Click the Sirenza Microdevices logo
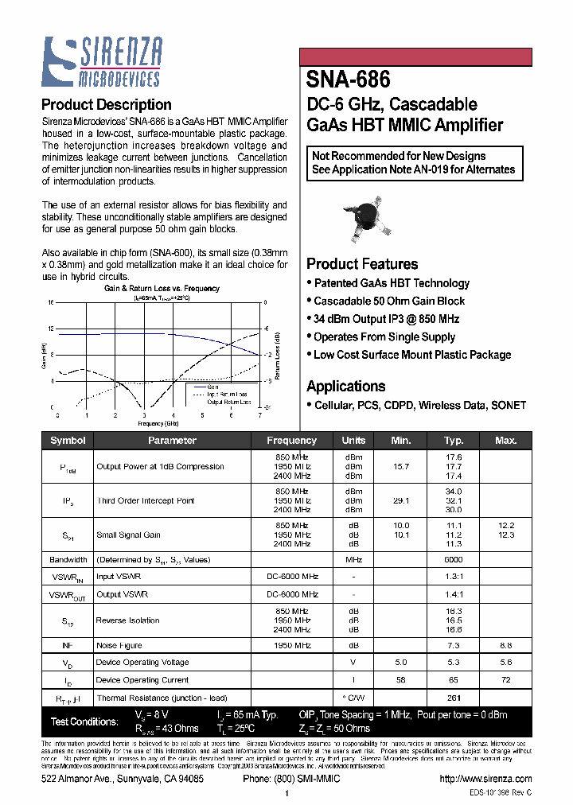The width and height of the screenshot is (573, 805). [x=101, y=63]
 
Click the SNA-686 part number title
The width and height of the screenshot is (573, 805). [x=348, y=80]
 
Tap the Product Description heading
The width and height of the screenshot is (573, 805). [x=106, y=104]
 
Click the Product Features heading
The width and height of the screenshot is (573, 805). [x=362, y=264]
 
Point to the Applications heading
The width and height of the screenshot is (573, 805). [x=346, y=386]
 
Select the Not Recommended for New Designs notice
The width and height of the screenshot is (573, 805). [x=414, y=162]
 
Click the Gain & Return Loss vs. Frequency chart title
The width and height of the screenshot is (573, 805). [x=162, y=289]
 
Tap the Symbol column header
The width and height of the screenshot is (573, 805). [x=68, y=440]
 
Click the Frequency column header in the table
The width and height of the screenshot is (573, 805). [x=291, y=440]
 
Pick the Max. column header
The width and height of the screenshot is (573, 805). [x=505, y=440]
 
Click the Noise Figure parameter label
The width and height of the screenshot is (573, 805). [x=120, y=645]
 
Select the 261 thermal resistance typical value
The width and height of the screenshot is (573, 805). [x=454, y=698]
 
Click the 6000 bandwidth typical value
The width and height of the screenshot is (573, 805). [x=454, y=559]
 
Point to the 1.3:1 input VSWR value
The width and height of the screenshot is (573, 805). [x=454, y=577]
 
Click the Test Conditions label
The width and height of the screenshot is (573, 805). [x=84, y=721]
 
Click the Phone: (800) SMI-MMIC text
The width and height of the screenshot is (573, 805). [x=291, y=779]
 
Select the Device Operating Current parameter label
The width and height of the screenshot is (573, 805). [x=142, y=680]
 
